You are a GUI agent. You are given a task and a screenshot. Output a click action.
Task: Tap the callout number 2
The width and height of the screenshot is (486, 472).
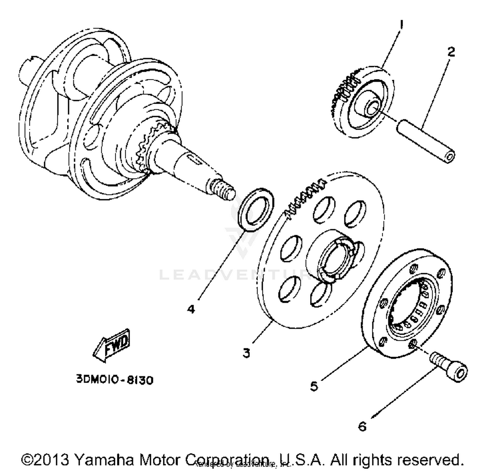point(451,52)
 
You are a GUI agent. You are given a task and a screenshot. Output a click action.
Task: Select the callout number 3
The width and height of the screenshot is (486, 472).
point(247,352)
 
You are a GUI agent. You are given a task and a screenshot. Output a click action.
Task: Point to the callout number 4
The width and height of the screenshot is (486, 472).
point(191,309)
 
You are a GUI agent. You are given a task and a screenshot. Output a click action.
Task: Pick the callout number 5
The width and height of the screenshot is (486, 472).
point(314,386)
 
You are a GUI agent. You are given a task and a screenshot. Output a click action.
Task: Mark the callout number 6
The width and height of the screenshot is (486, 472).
point(362,426)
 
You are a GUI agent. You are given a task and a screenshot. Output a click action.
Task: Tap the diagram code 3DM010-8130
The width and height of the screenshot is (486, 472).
point(115,379)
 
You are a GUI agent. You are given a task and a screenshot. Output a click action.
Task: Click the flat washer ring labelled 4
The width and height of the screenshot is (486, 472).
point(256,209)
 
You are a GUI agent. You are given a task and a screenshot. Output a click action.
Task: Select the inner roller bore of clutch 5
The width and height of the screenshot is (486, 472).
point(410,305)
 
